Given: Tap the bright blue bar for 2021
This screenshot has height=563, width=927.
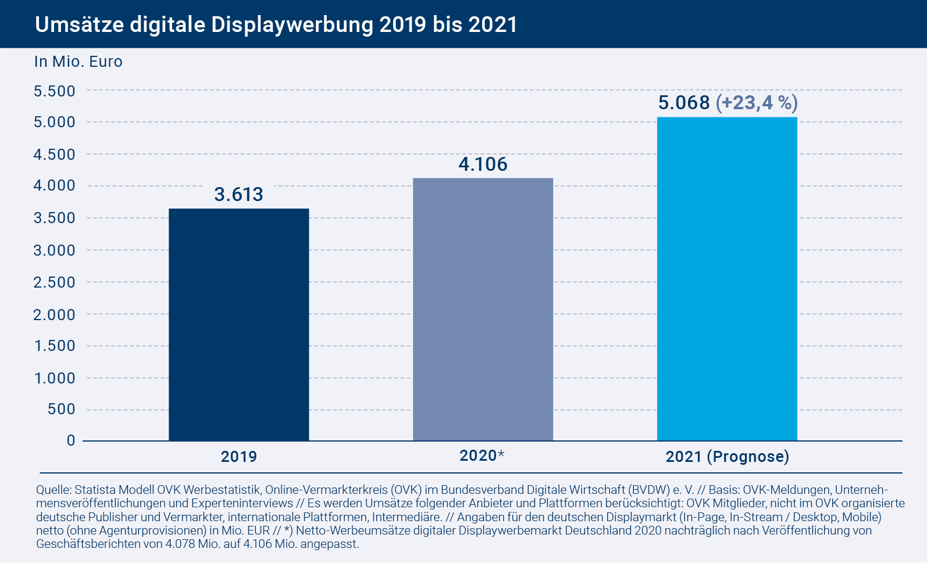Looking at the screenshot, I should point(727,279).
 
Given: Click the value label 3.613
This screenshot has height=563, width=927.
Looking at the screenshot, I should point(238,194).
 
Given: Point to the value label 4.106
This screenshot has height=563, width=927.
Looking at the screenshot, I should point(483,164).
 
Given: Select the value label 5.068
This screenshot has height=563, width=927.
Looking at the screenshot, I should point(684,103).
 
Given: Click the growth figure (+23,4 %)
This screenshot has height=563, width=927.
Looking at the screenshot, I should point(757,103).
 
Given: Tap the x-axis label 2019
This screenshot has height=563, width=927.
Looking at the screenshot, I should point(238,457).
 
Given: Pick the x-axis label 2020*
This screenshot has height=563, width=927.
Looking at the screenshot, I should point(482,456).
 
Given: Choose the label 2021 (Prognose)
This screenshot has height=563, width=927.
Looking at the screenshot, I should point(727,457).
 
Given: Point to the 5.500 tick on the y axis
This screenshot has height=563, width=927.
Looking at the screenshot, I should point(55,91).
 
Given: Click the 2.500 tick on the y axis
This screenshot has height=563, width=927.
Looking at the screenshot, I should point(55,282).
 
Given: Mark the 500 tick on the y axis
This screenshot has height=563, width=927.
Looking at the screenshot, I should point(62,409).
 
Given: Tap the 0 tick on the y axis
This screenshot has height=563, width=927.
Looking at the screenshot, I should point(71,440).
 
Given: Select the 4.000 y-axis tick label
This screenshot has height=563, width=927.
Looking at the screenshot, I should point(55,186).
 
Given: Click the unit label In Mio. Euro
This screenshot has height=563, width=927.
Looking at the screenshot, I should point(79,62).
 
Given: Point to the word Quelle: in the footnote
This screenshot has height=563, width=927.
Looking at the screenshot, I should point(54,490).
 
